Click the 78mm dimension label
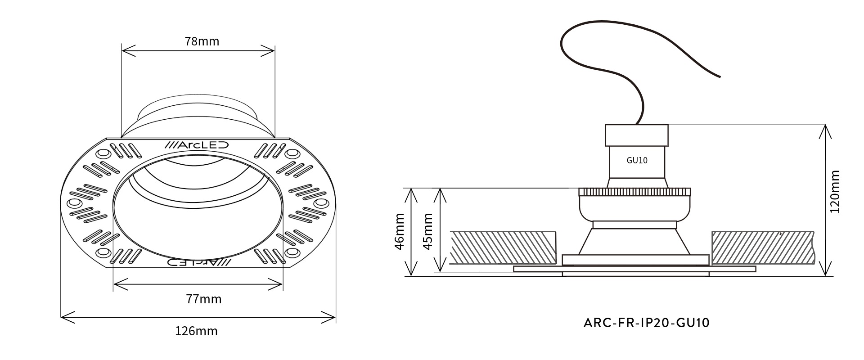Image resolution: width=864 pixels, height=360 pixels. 202,41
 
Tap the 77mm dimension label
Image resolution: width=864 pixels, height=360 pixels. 204,299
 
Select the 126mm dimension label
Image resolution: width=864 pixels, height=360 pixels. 196,331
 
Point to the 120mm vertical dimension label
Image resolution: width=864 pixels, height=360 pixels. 835,191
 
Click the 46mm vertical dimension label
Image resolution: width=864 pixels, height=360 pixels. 399,231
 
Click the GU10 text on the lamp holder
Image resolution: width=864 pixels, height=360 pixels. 637,160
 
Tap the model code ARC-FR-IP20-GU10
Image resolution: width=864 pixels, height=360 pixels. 646,323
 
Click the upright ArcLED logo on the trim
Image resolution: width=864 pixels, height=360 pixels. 197,145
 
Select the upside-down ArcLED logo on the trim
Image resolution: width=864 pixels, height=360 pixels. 198,261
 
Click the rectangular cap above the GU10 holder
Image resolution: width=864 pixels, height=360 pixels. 637,135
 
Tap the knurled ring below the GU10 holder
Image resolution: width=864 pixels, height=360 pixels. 634,192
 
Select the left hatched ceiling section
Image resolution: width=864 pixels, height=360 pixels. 503,247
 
